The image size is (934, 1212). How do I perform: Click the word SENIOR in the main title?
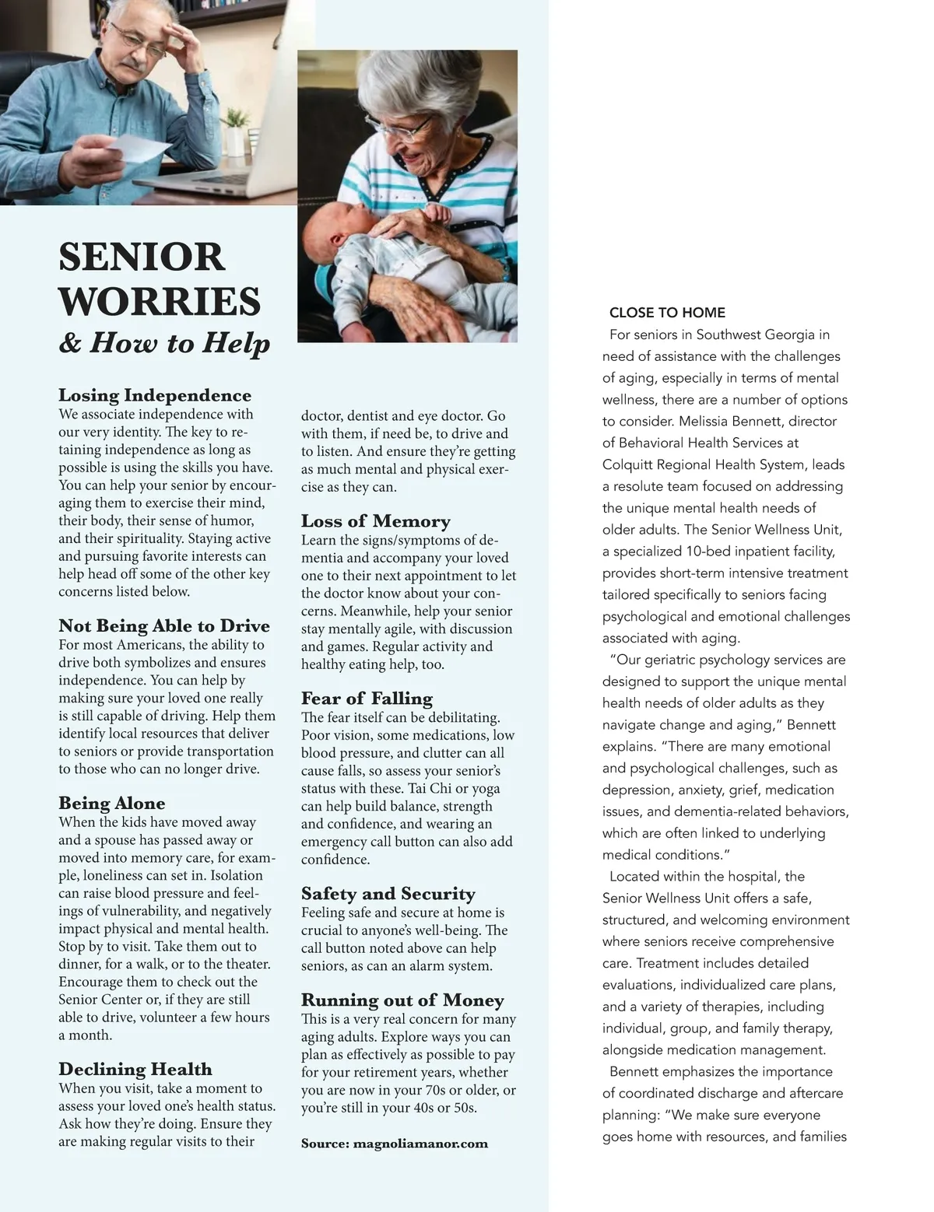pyautogui.click(x=142, y=257)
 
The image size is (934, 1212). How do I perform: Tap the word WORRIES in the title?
pyautogui.click(x=160, y=302)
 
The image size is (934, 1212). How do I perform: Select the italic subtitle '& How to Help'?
pyautogui.click(x=164, y=343)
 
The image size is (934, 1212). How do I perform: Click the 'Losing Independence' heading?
pyautogui.click(x=155, y=395)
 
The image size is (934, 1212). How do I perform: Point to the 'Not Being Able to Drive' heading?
pyautogui.click(x=164, y=626)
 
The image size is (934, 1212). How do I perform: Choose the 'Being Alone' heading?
pyautogui.click(x=112, y=804)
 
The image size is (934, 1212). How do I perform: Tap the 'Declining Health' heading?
pyautogui.click(x=135, y=1070)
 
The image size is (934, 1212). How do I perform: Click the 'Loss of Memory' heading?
pyautogui.click(x=376, y=521)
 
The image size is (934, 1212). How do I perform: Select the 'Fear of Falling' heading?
pyautogui.click(x=367, y=699)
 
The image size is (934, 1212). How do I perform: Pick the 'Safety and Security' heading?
pyautogui.click(x=388, y=894)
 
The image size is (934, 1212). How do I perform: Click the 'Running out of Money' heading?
pyautogui.click(x=402, y=1000)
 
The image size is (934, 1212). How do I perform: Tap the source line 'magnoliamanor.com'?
pyautogui.click(x=420, y=1144)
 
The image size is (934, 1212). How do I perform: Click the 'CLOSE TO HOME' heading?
pyautogui.click(x=667, y=313)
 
